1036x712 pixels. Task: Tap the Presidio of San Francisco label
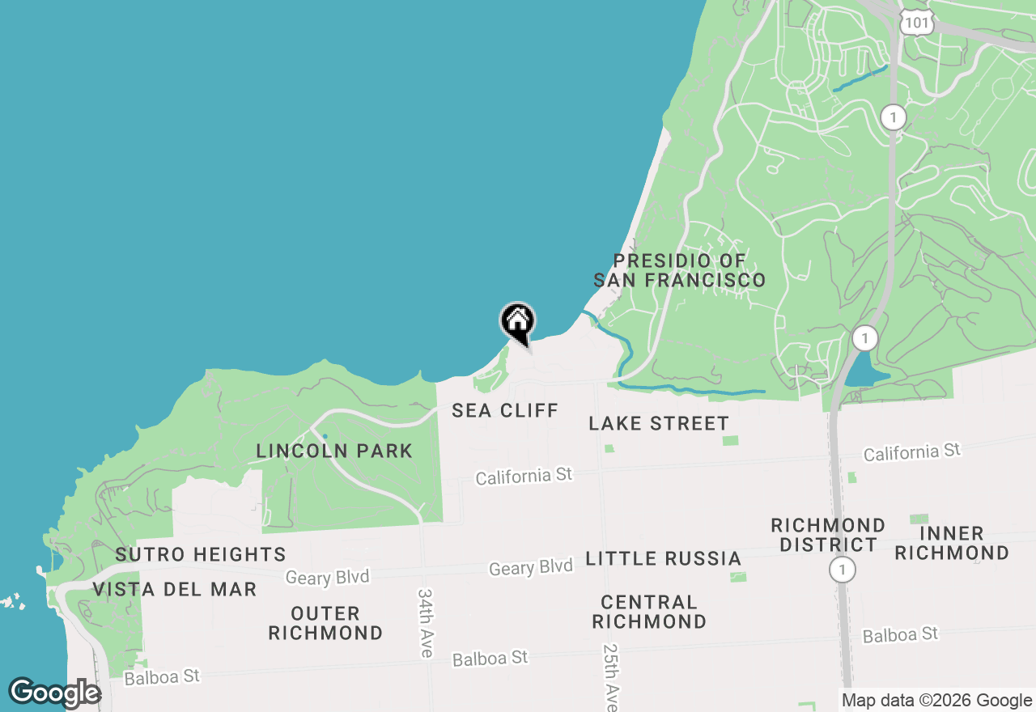coord(679,270)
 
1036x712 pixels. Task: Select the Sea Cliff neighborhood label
coord(505,410)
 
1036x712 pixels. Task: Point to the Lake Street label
coord(658,423)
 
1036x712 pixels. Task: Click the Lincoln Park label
coord(334,451)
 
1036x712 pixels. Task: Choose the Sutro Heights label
coord(201,554)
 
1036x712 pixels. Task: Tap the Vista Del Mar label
coord(174,589)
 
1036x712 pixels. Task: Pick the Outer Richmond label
coord(325,623)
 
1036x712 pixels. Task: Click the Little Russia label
coord(663,558)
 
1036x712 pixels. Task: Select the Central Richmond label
coord(649,612)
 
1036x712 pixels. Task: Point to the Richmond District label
coord(828,535)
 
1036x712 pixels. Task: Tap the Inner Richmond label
coord(952,543)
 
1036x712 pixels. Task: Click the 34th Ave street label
coord(427,622)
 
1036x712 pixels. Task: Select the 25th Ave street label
coord(611,676)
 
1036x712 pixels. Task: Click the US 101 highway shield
coord(917,23)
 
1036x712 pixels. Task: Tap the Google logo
coord(54,693)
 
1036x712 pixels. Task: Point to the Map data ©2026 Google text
coord(936,701)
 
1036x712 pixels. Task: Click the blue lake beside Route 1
coord(862,371)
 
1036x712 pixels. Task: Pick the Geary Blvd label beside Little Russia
coord(530,568)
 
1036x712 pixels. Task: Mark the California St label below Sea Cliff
coord(524,477)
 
